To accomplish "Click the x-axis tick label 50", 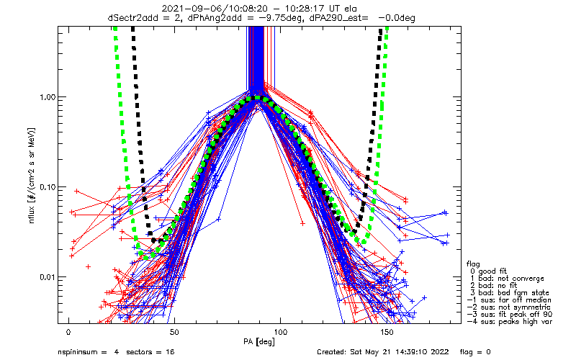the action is [x=174, y=333].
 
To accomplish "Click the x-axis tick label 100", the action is [x=280, y=333].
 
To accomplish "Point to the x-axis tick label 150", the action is [x=387, y=333].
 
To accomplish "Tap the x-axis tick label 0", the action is [x=68, y=333].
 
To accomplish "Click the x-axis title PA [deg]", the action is [x=259, y=342].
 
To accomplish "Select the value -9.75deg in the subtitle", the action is [x=282, y=18].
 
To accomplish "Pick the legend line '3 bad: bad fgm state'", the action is [x=510, y=293].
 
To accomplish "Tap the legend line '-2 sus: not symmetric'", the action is [x=509, y=307].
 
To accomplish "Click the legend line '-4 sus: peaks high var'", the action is [x=510, y=321].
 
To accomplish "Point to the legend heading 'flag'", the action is [x=473, y=264].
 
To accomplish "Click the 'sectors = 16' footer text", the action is [x=150, y=352].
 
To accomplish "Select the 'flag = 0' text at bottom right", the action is [x=475, y=352].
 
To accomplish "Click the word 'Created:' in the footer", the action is [x=331, y=352].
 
